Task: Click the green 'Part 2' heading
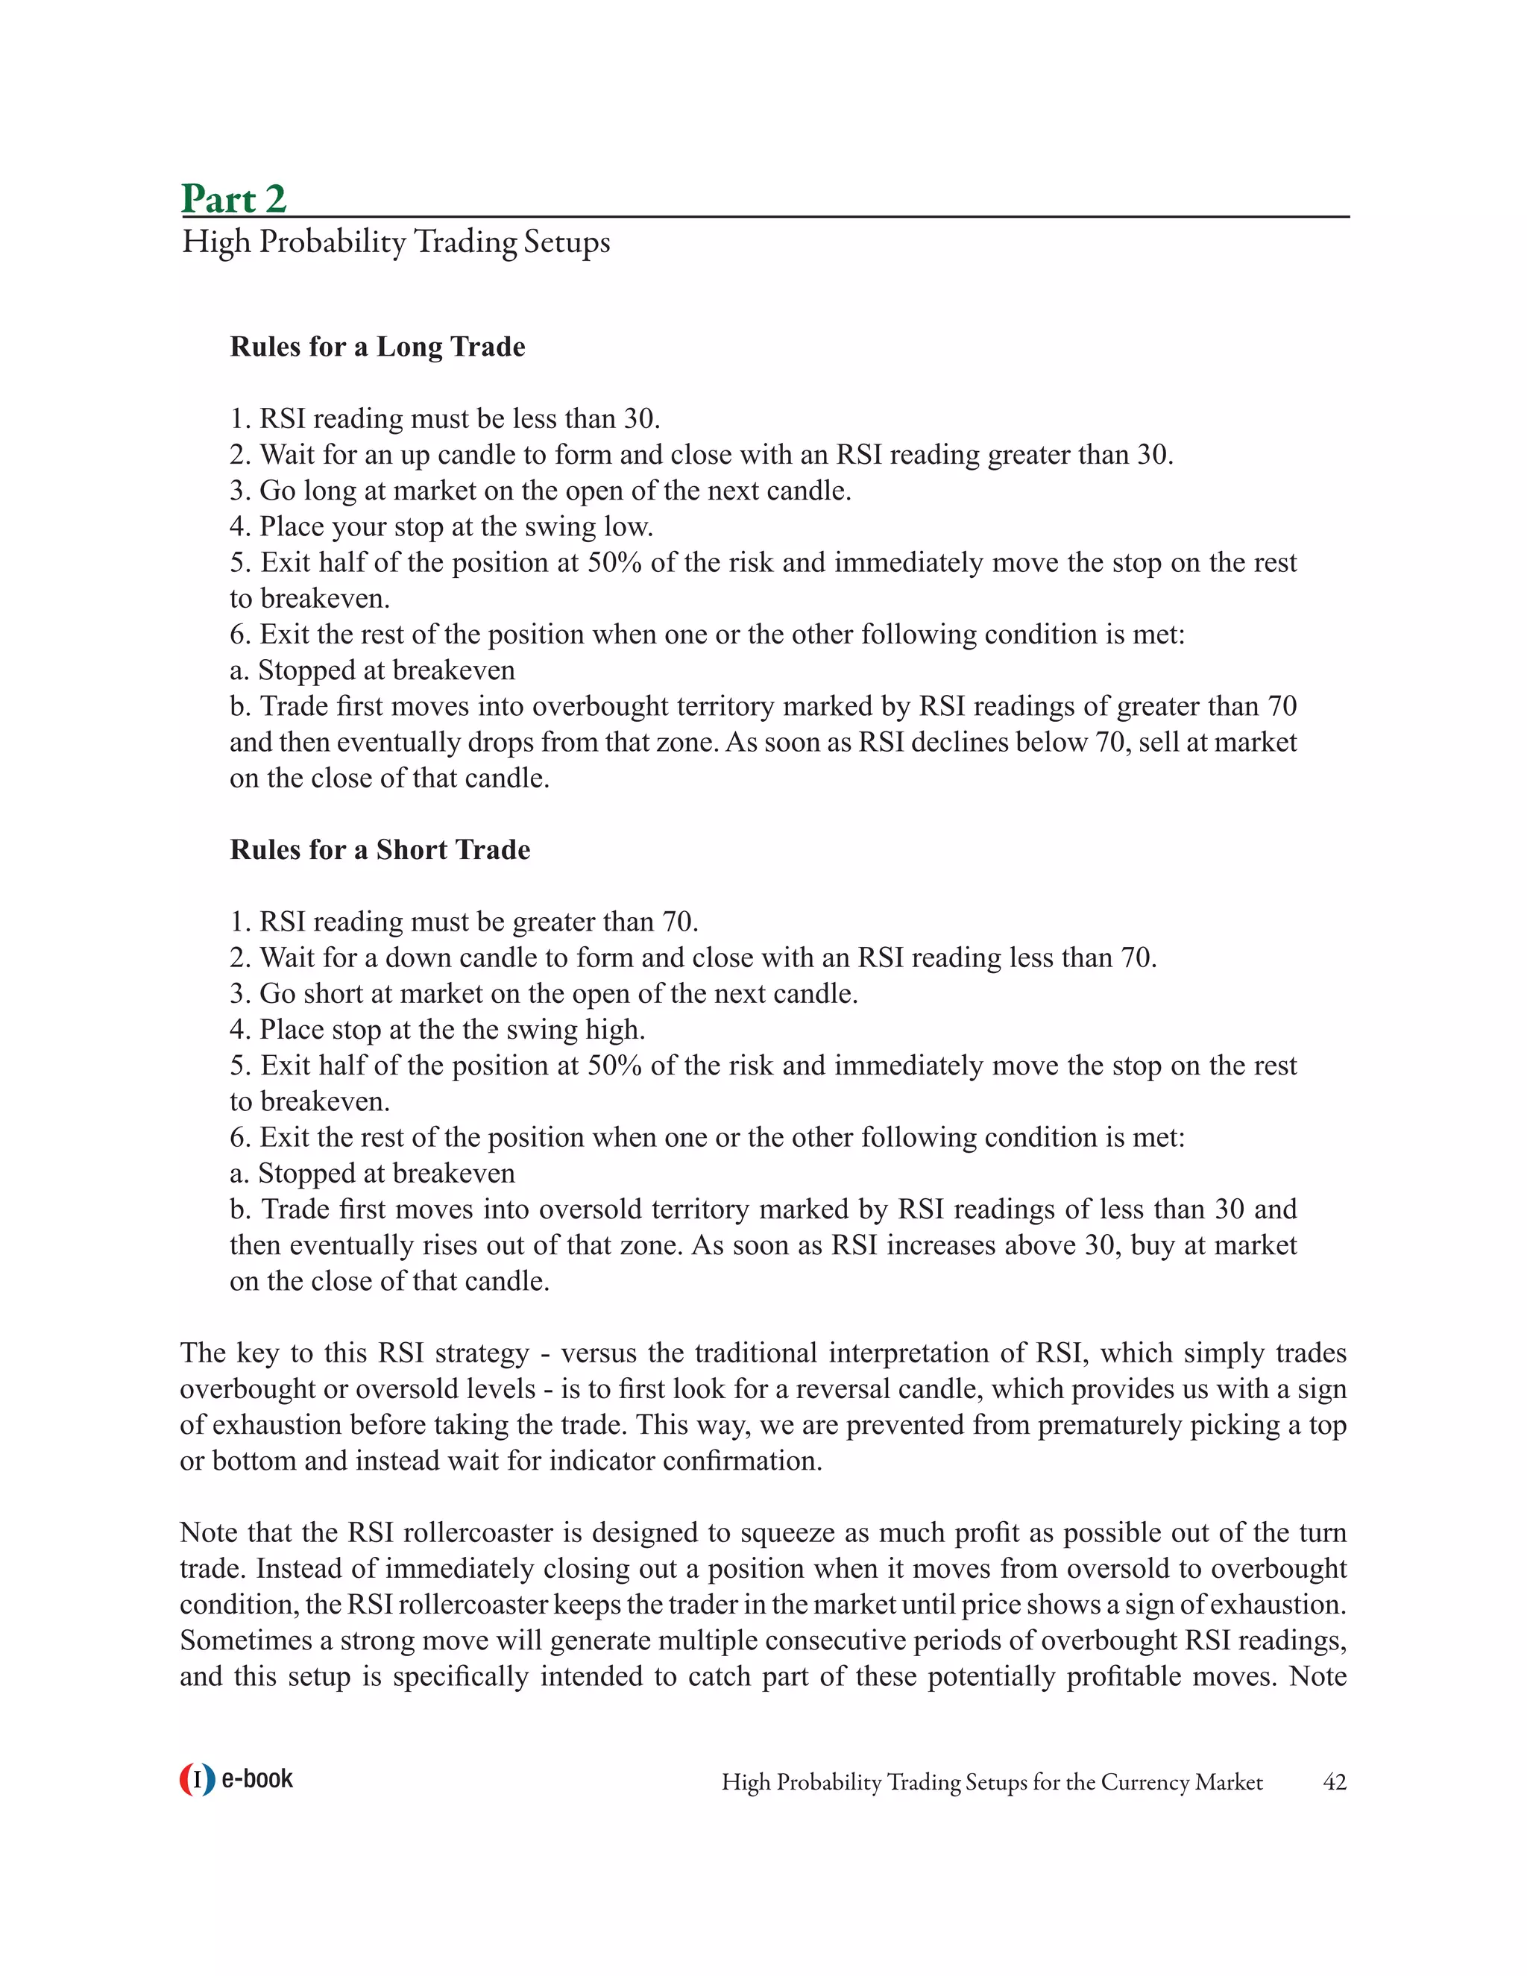click(233, 198)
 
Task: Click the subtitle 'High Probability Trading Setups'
click(395, 242)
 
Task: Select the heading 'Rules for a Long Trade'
click(377, 347)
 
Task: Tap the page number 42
click(1335, 1782)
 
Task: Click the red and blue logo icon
click(197, 1780)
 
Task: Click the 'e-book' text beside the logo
click(257, 1780)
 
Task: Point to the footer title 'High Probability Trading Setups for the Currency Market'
click(992, 1782)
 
